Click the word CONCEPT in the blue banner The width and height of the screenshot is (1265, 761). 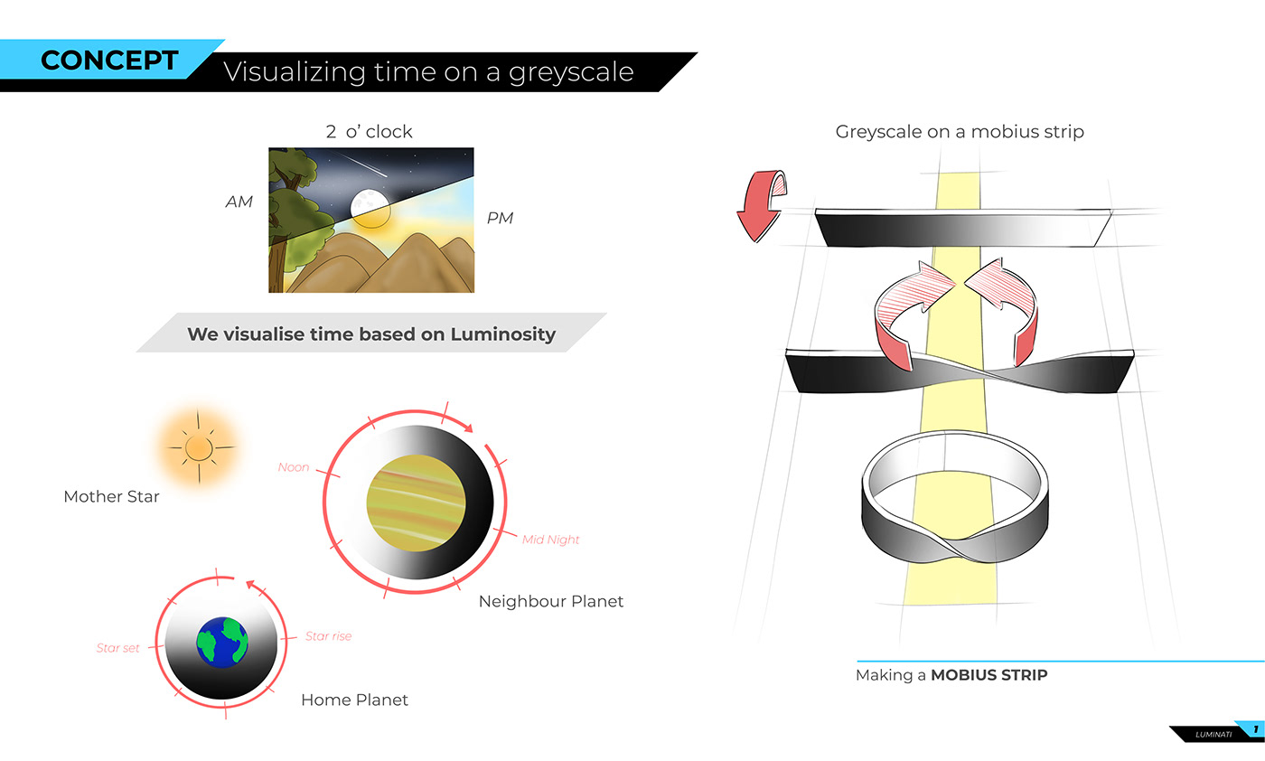tap(109, 60)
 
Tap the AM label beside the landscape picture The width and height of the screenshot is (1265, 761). tap(239, 202)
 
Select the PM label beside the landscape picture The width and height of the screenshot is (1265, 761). tap(500, 218)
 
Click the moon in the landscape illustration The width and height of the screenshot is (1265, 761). tap(370, 203)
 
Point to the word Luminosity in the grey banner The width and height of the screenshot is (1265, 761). tap(503, 334)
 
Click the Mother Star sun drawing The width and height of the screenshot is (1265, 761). tap(198, 448)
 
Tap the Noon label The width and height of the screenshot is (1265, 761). tap(294, 467)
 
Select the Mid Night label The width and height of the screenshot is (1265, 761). tap(550, 540)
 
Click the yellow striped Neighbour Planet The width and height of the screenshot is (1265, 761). tap(417, 503)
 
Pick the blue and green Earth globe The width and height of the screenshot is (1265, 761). tap(222, 643)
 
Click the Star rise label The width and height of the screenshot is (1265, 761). tap(328, 636)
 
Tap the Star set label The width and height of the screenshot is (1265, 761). tap(117, 648)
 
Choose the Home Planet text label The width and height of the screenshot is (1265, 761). tap(354, 700)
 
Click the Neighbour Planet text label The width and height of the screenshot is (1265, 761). tap(551, 601)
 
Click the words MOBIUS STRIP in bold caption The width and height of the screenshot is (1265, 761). tap(989, 675)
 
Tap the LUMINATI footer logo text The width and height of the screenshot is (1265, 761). tap(1213, 735)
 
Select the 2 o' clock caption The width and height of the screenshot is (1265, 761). tap(370, 132)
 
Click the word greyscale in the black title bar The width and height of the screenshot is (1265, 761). tap(571, 72)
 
